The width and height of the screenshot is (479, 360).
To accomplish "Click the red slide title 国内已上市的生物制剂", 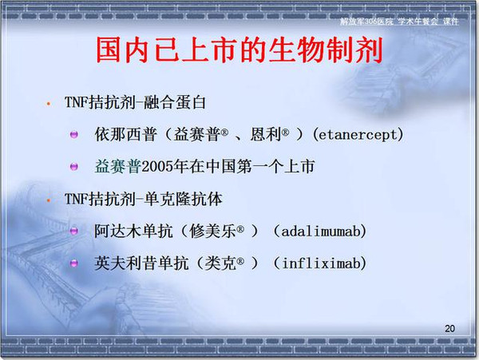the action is [239, 50].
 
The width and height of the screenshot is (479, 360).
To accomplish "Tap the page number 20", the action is [449, 329].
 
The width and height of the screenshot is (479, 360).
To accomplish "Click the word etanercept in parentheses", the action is [358, 134].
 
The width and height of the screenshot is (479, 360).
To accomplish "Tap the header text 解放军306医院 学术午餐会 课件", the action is [399, 22].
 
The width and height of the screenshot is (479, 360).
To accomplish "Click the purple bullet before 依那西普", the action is [74, 134].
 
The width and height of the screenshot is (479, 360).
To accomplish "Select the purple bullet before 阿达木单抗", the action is [74, 231].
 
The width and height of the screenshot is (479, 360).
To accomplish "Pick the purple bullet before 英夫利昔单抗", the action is [74, 263].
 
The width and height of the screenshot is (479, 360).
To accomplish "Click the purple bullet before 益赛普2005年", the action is [74, 167].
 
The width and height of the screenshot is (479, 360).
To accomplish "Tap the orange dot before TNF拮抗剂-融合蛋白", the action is [48, 104].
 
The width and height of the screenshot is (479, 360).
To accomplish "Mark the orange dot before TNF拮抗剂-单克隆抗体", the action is [48, 200].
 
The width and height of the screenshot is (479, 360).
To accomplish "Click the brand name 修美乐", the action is [213, 231].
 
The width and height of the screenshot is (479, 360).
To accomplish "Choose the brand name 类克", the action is [220, 263].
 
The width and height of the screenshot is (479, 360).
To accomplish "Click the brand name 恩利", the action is [266, 134].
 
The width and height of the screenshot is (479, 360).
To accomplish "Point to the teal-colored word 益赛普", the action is [118, 167].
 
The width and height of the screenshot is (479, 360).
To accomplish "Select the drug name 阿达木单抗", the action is [133, 231].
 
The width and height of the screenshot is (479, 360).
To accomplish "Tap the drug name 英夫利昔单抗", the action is [141, 263].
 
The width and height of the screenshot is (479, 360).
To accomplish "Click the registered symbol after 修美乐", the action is [240, 228].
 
